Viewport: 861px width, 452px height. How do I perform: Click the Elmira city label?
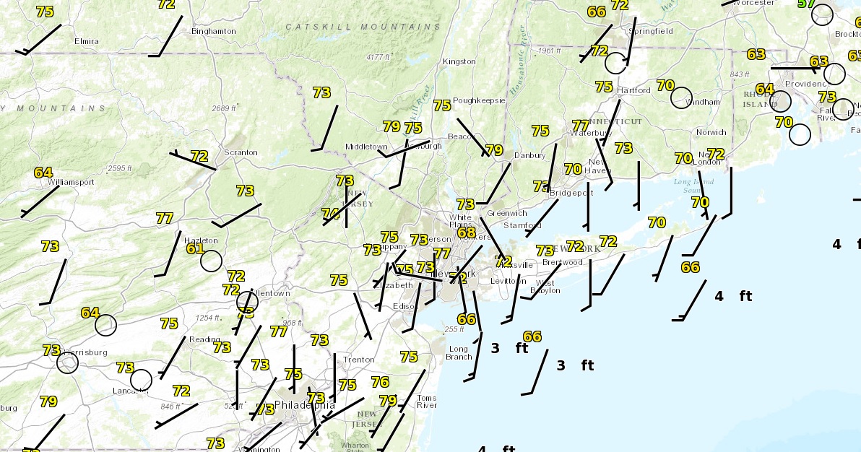pos(87,41)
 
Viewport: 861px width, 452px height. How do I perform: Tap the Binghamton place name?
pos(213,31)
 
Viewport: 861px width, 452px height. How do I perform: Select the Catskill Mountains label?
pos(363,27)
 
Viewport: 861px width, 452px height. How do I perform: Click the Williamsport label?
pos(72,182)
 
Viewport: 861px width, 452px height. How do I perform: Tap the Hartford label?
pos(633,90)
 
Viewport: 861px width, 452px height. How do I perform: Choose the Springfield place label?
pos(651,31)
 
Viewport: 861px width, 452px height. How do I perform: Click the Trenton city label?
pos(358,360)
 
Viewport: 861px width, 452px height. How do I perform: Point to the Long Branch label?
pos(459,353)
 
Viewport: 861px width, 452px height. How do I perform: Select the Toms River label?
pos(426,401)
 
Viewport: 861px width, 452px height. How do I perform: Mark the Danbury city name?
pos(529,155)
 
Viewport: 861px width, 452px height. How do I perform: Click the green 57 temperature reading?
pos(806,4)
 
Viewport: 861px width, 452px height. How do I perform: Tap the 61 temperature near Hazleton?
pos(195,248)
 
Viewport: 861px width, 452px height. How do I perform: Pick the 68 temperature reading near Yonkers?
pos(467,232)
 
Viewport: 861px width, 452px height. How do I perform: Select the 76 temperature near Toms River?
pos(380,382)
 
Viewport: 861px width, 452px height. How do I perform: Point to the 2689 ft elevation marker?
pos(223,108)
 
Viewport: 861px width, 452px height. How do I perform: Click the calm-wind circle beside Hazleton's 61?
pos(211,261)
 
